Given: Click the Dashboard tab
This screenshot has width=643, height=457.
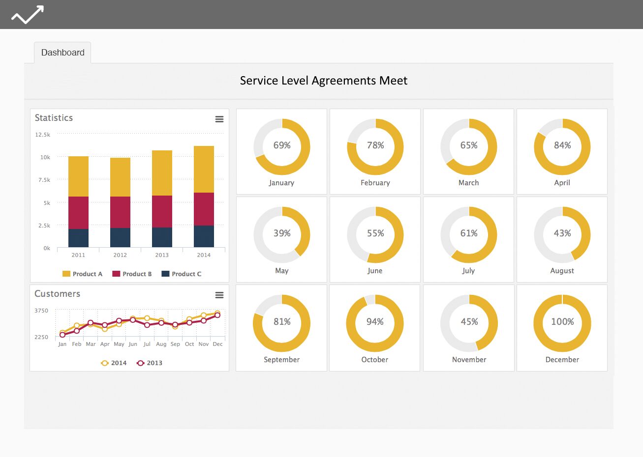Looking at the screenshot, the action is click(x=62, y=53).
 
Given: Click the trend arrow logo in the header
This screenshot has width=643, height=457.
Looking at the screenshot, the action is click(x=28, y=14).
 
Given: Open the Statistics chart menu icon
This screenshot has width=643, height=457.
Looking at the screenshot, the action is click(x=219, y=119).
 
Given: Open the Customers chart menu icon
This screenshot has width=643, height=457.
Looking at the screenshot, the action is click(x=219, y=295).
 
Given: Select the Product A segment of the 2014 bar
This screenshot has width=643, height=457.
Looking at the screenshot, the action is click(x=204, y=169).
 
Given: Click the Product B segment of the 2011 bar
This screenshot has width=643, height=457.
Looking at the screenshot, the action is click(x=78, y=213).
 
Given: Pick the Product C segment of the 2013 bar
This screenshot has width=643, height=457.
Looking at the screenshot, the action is click(x=162, y=237).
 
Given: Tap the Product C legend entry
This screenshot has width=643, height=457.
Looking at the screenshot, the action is click(x=182, y=274).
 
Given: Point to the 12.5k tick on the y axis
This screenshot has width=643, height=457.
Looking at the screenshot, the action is click(x=42, y=135).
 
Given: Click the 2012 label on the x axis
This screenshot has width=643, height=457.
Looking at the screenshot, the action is click(x=120, y=255).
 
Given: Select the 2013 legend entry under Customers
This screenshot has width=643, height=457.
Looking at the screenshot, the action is click(x=150, y=363).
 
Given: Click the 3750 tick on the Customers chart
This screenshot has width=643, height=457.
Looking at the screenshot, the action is click(x=41, y=311).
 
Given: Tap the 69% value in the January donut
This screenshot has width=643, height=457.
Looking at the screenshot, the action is click(x=282, y=145).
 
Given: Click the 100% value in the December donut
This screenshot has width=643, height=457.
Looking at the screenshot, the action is click(x=562, y=321).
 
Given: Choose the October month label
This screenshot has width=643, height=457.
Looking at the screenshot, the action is click(x=374, y=360).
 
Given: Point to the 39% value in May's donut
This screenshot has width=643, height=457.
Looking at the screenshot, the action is click(x=282, y=233).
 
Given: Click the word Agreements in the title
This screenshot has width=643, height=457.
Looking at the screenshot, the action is click(x=344, y=81).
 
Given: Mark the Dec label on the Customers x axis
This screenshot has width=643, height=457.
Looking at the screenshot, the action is click(x=217, y=344).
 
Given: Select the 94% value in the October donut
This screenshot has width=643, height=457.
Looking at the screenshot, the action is click(x=375, y=321).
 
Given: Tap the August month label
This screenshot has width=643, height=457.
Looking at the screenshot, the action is click(x=562, y=271).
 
